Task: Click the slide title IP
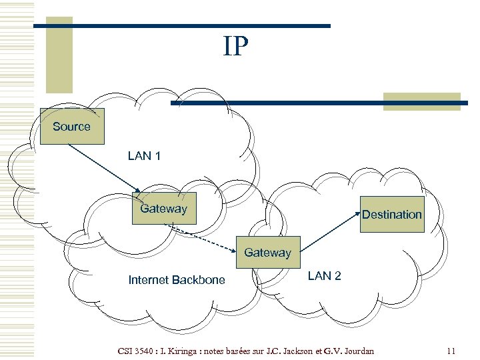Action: [236, 47]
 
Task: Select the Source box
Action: [72, 126]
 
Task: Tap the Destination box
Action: [392, 214]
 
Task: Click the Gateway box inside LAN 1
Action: [164, 208]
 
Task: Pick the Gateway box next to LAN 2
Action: [267, 253]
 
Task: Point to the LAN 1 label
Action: [144, 156]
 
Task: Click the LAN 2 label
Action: [324, 276]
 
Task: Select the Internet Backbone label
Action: [177, 280]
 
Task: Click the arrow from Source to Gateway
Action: [103, 167]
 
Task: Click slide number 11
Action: [451, 351]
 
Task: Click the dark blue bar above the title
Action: [181, 26]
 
